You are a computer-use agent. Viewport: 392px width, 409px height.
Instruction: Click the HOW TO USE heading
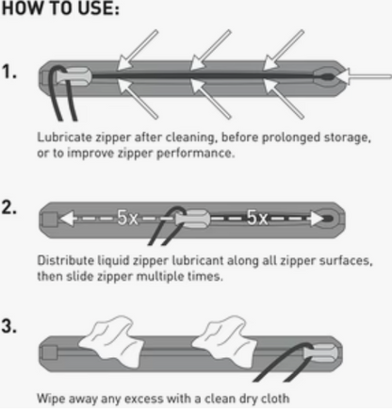[60, 8]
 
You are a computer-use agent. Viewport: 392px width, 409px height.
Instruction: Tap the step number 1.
[9, 72]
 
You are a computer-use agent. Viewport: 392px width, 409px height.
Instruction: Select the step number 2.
[9, 207]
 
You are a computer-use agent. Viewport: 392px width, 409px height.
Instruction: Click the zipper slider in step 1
[74, 76]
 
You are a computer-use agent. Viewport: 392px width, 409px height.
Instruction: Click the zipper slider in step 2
[192, 218]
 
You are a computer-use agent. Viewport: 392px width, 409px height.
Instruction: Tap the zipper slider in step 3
[320, 352]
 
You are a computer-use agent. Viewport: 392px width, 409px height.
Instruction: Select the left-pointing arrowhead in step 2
[67, 218]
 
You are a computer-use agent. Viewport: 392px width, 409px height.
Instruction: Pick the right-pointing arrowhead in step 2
[317, 218]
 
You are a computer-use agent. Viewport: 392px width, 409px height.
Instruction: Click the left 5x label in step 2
[127, 217]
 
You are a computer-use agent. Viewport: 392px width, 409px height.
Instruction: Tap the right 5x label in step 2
[257, 217]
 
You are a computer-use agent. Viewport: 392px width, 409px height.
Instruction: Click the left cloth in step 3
[110, 341]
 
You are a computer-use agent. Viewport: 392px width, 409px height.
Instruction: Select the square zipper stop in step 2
[50, 219]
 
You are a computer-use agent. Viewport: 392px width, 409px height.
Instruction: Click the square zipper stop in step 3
[50, 353]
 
